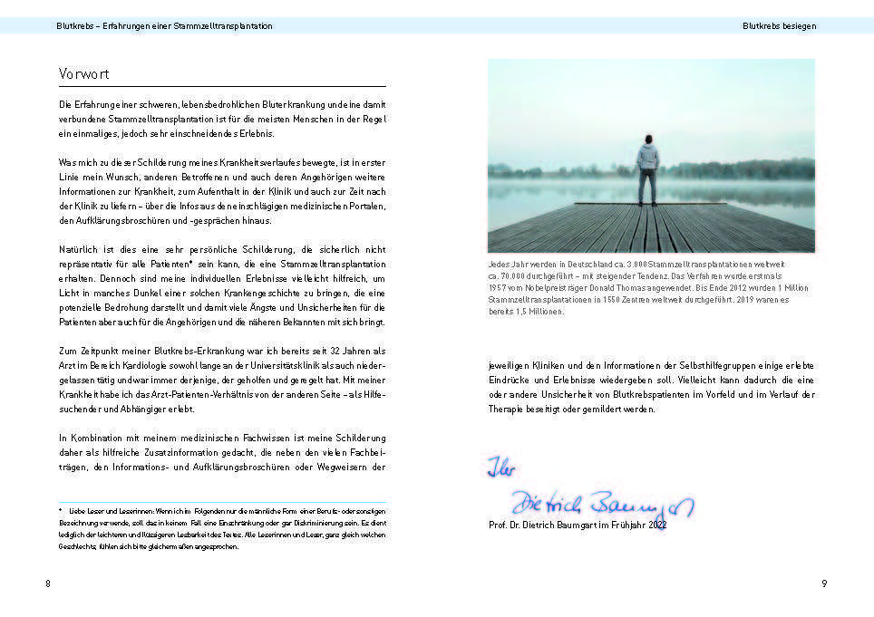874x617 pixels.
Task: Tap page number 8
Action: tap(48, 583)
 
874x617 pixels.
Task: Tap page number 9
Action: tap(824, 583)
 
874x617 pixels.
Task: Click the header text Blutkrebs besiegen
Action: tap(779, 26)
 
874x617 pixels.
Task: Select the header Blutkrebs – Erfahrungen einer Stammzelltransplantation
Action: tap(164, 26)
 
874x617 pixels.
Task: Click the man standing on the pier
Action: tap(646, 170)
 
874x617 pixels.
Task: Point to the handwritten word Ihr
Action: tap(500, 468)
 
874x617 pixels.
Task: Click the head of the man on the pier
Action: tap(647, 139)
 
